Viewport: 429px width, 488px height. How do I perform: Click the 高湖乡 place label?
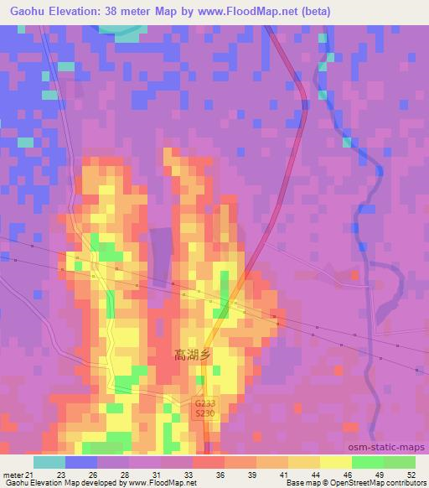193,355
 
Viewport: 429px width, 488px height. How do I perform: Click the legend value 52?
411,475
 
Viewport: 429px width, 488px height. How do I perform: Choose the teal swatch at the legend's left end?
49,462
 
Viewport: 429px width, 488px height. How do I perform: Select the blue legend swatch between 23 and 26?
81,462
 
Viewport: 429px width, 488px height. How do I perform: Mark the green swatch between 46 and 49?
368,462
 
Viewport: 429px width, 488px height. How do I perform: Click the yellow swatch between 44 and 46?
336,462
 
